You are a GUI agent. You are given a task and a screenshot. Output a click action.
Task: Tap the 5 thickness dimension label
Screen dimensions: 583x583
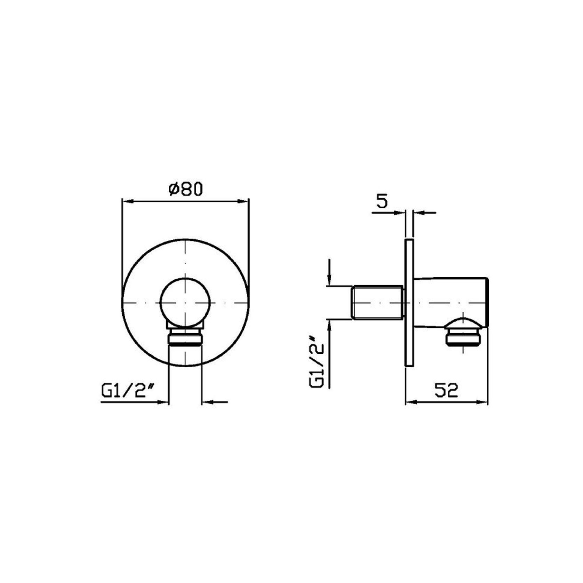click(382, 201)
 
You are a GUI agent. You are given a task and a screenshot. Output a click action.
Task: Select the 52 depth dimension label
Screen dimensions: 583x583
click(446, 390)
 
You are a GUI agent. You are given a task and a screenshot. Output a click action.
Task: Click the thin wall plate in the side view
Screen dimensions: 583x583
click(409, 302)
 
